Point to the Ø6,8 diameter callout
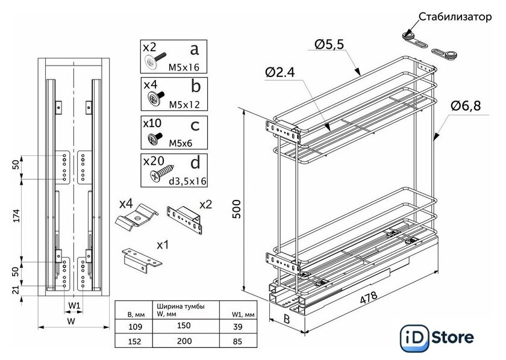point(465,107)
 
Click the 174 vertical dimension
point(17,217)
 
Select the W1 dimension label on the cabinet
point(74,305)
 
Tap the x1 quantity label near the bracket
point(163,245)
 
